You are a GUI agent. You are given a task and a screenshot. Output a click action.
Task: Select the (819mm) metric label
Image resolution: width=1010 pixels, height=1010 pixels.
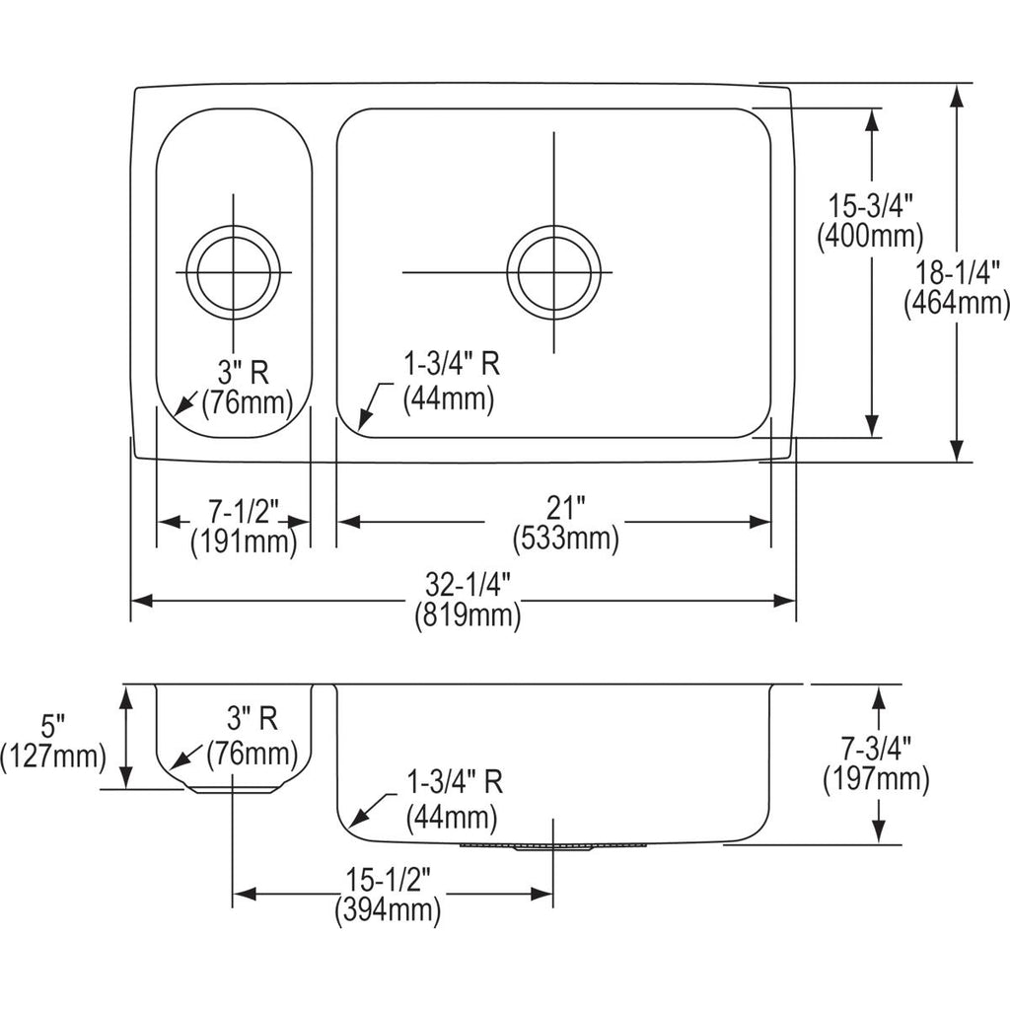pyautogui.click(x=468, y=615)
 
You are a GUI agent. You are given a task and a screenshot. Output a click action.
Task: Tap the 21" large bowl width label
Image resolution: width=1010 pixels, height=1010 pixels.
pyautogui.click(x=565, y=509)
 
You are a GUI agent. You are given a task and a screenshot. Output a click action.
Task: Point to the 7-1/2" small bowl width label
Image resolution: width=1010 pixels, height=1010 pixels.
pyautogui.click(x=243, y=512)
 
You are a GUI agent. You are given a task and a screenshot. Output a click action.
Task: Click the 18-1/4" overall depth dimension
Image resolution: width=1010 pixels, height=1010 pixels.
pyautogui.click(x=957, y=272)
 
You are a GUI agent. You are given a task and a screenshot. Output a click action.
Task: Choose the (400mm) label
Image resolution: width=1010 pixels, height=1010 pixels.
pyautogui.click(x=870, y=236)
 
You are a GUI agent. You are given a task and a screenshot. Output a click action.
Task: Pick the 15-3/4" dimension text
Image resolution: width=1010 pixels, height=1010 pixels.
pyautogui.click(x=870, y=207)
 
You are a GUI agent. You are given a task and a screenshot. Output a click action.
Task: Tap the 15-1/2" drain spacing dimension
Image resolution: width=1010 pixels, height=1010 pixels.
pyautogui.click(x=388, y=880)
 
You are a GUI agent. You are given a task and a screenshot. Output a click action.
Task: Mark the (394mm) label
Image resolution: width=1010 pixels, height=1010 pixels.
pyautogui.click(x=388, y=909)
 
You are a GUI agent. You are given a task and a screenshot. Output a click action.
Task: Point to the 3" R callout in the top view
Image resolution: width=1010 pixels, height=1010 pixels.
pyautogui.click(x=243, y=372)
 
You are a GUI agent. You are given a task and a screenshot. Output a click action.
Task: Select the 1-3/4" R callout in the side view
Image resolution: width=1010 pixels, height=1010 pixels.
pyautogui.click(x=455, y=782)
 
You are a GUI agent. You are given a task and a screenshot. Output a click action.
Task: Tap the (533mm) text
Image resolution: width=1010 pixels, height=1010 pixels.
pyautogui.click(x=565, y=538)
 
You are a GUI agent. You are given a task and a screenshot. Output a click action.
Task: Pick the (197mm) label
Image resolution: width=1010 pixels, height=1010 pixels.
pyautogui.click(x=876, y=779)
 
